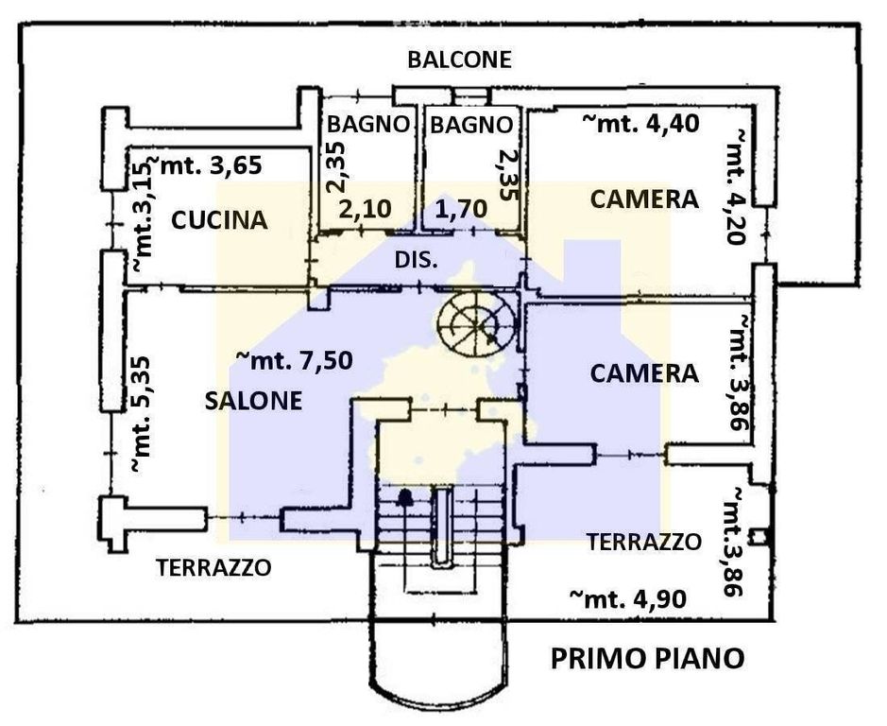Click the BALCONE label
point(459,60)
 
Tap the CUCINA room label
point(219,219)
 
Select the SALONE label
point(253,401)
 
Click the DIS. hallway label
point(416,260)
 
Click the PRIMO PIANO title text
point(647,659)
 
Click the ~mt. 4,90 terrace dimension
point(628,598)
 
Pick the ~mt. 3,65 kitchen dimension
point(208,165)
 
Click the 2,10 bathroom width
point(365,208)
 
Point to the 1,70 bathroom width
point(462,208)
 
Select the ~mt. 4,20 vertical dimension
point(736,187)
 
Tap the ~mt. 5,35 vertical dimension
point(142,414)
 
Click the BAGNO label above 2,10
point(367,124)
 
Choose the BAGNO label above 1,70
point(471,125)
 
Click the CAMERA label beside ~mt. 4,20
point(644,199)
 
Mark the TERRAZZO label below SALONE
point(213,567)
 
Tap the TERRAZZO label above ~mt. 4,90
point(643,542)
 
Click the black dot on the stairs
point(404,498)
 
